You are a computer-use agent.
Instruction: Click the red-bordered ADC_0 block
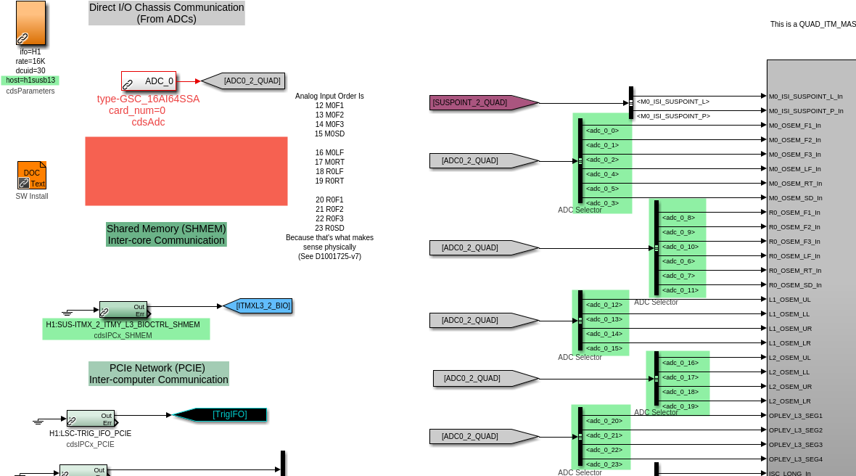pyautogui.click(x=149, y=81)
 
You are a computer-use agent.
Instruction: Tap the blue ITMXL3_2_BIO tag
pyautogui.click(x=258, y=306)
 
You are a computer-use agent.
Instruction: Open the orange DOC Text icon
pyautogui.click(x=32, y=175)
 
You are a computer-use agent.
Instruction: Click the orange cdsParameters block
pyautogui.click(x=30, y=23)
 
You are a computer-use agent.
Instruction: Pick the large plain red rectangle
pyautogui.click(x=186, y=171)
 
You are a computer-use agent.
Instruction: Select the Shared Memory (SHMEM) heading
pyautogui.click(x=166, y=234)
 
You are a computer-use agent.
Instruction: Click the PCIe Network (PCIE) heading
pyautogui.click(x=159, y=374)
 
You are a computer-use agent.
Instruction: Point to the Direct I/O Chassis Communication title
pyautogui.click(x=166, y=13)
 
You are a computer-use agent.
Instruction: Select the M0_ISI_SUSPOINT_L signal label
pyautogui.click(x=672, y=102)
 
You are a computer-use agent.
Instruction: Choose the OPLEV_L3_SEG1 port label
pyautogui.click(x=795, y=416)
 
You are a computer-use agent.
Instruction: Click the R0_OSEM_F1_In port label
pyautogui.click(x=794, y=213)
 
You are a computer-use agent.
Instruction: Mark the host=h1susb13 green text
pyautogui.click(x=30, y=81)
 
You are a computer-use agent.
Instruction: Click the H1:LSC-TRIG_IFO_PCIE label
pyautogui.click(x=90, y=433)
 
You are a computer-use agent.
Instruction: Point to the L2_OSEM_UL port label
pyautogui.click(x=790, y=358)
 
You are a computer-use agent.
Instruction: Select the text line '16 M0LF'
pyautogui.click(x=329, y=152)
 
